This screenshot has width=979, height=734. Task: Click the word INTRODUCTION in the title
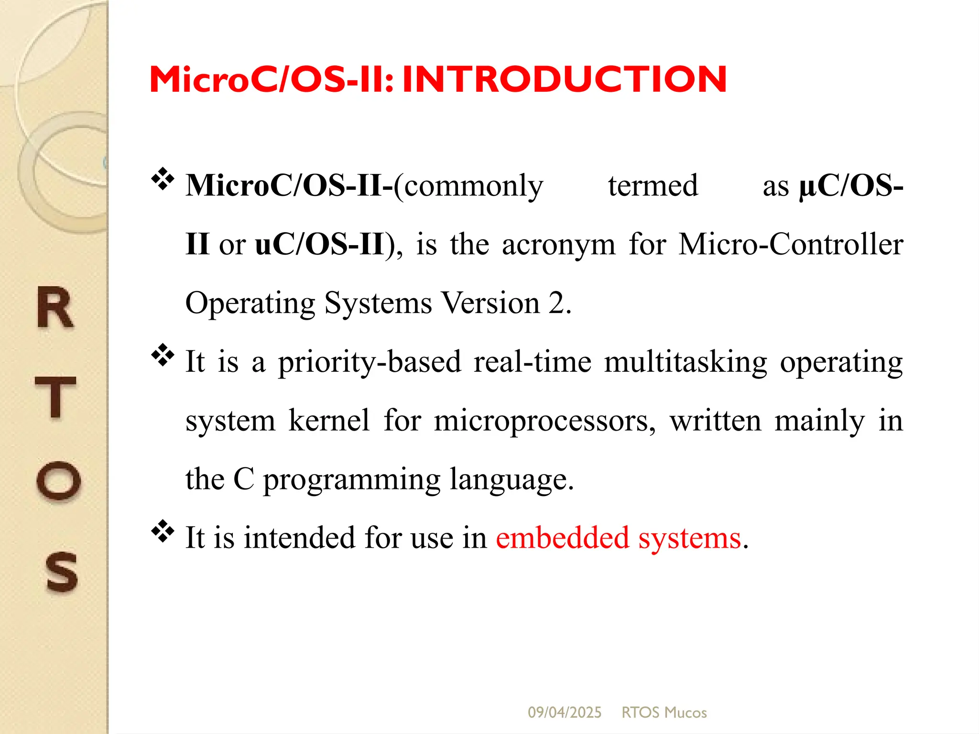coord(564,79)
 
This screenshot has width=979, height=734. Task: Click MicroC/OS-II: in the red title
coord(272,79)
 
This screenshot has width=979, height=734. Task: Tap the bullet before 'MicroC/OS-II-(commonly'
coord(163,179)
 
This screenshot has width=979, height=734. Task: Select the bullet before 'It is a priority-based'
coord(163,355)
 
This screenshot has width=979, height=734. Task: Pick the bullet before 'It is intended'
coord(163,531)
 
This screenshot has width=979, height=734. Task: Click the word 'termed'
coord(653,186)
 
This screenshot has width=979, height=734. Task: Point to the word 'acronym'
coord(558,245)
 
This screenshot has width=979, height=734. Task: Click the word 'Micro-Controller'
coord(791,245)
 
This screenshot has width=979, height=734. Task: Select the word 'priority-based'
coord(370,362)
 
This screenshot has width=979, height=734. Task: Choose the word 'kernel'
coord(329,421)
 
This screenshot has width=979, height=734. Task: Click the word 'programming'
coord(351,480)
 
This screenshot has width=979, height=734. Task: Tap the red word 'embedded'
coord(562,538)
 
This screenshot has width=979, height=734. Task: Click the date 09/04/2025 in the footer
coord(565,712)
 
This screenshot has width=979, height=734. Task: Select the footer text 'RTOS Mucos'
coord(664,712)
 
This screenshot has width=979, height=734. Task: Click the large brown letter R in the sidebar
coord(55,308)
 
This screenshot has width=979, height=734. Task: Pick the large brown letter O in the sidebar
coord(58,480)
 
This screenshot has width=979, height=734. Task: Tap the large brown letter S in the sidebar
coord(61,572)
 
